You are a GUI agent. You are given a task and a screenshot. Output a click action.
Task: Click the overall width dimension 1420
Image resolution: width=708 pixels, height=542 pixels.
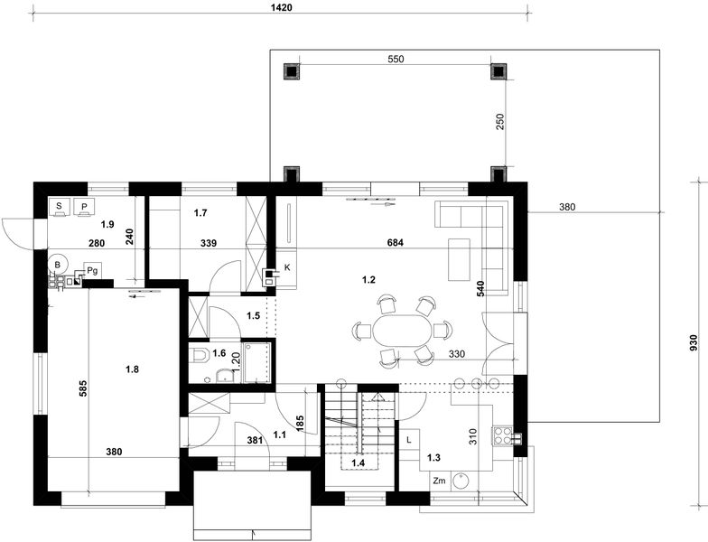[282, 7]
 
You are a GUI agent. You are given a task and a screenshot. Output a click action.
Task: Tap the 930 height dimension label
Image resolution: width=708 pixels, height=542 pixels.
[694, 343]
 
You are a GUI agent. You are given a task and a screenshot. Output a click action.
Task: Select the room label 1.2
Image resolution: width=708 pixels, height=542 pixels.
[368, 280]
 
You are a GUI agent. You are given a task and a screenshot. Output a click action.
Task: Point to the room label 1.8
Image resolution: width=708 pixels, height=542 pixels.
[132, 369]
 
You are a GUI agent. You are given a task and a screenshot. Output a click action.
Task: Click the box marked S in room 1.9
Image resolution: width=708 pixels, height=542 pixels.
[59, 208]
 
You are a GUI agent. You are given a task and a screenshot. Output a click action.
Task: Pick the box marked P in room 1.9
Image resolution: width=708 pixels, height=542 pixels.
[84, 208]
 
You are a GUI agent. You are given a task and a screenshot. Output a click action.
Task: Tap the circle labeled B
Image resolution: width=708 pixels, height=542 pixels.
[58, 265]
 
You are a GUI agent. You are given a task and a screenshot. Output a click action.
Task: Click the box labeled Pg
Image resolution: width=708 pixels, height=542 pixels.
[92, 271]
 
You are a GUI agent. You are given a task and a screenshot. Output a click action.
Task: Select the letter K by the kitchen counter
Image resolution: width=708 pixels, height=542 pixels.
[287, 267]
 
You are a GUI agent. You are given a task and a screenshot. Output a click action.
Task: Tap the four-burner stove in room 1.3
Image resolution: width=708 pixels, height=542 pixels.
[502, 435]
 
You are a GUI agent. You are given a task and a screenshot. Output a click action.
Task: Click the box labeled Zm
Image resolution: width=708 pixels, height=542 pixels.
[439, 481]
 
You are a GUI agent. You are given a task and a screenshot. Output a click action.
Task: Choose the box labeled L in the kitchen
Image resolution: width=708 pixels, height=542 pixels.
[409, 439]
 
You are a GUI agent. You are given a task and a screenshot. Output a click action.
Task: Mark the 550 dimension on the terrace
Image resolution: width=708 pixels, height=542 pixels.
[396, 60]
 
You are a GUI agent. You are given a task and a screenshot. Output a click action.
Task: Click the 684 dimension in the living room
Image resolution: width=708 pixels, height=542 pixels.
[396, 242]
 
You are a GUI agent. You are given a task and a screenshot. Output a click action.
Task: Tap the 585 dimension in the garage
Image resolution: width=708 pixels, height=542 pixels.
[83, 388]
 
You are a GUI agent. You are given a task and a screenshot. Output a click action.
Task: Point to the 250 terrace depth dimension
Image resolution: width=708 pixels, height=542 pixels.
[500, 122]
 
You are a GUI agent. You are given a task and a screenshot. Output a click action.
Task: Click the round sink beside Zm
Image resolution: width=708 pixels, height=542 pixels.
[461, 481]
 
